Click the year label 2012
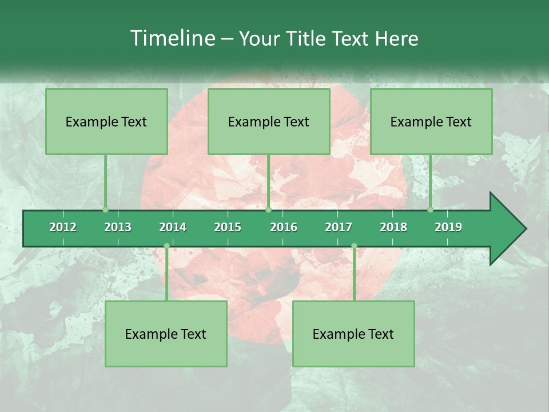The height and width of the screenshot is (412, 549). (63, 227)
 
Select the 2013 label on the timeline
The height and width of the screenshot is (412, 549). (118, 227)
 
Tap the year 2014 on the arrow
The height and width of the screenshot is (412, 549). (173, 227)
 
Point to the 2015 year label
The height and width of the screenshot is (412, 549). (228, 227)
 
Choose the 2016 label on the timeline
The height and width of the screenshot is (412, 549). (284, 227)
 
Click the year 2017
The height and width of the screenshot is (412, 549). (339, 227)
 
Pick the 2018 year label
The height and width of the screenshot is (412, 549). (393, 227)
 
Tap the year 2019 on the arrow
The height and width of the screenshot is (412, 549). (448, 227)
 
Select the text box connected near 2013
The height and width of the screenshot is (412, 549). (106, 121)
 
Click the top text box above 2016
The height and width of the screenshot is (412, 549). (269, 121)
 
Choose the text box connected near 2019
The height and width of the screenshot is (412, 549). (431, 121)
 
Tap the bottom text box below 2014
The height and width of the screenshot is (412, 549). (166, 334)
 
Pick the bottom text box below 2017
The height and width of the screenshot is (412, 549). (353, 334)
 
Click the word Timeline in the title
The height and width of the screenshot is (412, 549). (172, 38)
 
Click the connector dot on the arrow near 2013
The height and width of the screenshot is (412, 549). (105, 209)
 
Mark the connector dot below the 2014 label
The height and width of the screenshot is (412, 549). (166, 246)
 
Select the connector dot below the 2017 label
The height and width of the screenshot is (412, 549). (354, 246)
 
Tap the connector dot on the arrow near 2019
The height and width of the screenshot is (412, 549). (430, 209)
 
